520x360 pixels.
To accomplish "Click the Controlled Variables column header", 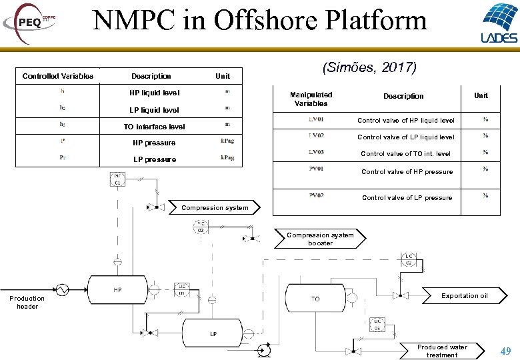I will click(x=58, y=76).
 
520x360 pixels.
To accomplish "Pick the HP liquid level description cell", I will click(x=154, y=93).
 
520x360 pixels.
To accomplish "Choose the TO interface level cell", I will click(x=154, y=127).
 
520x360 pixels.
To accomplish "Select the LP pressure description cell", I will click(x=155, y=159).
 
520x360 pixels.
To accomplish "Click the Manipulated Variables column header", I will click(x=311, y=99).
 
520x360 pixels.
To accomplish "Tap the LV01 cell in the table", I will click(x=317, y=120).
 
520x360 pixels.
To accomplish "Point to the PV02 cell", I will click(x=317, y=196).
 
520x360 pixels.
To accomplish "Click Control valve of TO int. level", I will click(x=405, y=154).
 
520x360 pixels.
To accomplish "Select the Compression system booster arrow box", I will click(x=321, y=239).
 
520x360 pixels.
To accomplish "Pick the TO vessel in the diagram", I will click(x=315, y=299).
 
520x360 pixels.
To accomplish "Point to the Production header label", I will click(x=27, y=302).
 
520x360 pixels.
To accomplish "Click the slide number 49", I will click(x=505, y=351).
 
